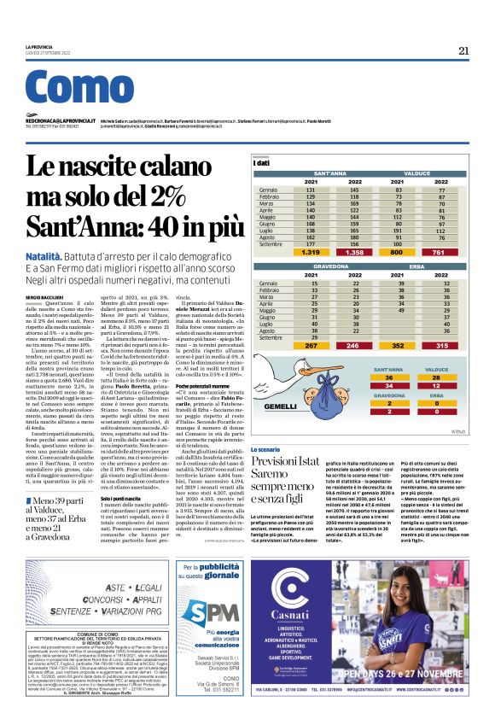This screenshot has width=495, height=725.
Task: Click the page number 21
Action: pos(463,50)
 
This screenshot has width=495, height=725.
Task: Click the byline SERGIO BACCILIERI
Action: pos(44,295)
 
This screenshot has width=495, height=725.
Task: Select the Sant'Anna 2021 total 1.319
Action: pos(312,253)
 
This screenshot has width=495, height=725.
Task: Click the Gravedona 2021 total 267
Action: pos(312,345)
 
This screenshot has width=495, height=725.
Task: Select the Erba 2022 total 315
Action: pos(440,345)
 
